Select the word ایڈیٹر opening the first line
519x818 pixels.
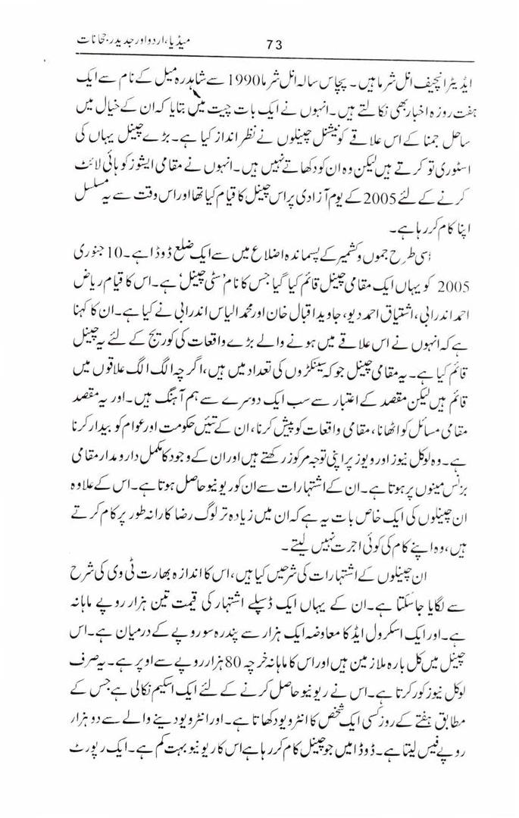452,77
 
